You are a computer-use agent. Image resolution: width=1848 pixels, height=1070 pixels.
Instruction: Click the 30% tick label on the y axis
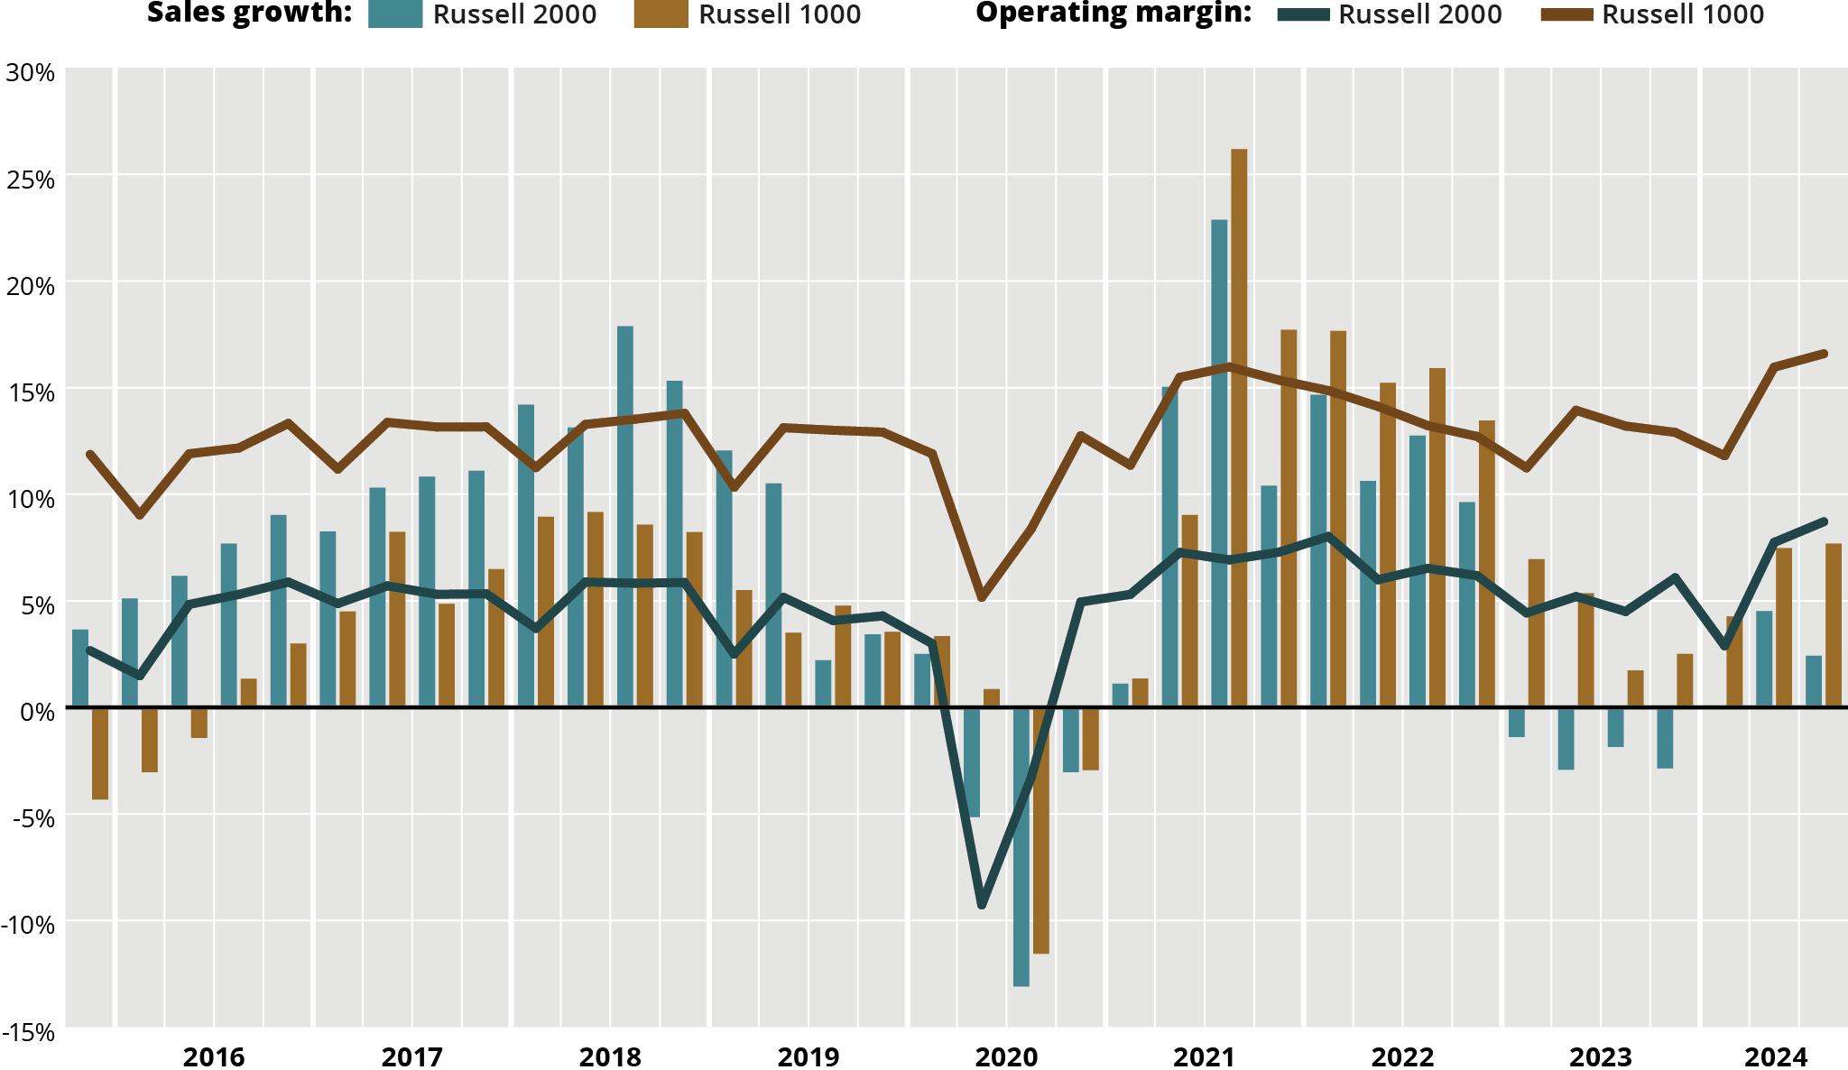pos(30,72)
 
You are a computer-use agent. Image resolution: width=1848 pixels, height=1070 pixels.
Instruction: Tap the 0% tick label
pos(37,712)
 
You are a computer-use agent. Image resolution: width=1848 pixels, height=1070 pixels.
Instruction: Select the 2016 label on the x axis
pos(214,1056)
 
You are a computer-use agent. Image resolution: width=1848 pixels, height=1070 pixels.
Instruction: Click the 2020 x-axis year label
pos(1006,1056)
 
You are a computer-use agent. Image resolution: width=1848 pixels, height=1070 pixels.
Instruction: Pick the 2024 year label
pos(1775,1056)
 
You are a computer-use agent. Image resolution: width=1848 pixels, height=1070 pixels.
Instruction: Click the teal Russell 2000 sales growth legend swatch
pos(395,14)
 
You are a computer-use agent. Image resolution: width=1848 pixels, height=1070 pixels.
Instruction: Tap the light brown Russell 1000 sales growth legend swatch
pos(661,14)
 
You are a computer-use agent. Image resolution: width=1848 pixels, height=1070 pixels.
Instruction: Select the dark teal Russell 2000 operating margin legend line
pos(1303,14)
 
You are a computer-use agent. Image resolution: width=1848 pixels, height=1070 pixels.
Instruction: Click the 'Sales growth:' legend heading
pos(249,14)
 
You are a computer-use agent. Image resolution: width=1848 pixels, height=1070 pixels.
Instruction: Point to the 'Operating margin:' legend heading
pos(1113,14)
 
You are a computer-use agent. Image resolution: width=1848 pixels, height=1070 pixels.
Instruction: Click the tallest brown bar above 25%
pos(1239,424)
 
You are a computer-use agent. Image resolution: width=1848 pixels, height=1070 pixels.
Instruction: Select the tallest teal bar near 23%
pos(1219,460)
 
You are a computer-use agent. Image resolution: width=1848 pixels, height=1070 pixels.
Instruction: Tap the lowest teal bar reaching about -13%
pos(1021,848)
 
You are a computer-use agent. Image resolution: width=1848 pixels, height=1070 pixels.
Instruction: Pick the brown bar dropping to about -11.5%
pos(1041,830)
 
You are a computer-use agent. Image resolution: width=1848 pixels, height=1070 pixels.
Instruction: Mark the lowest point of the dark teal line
pos(982,905)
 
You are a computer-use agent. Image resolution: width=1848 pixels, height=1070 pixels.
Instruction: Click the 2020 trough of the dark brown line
pos(982,597)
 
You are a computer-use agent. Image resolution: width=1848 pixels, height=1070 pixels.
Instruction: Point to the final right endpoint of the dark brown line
pos(1824,354)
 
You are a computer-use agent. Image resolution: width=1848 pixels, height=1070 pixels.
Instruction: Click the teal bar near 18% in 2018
pos(625,514)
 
